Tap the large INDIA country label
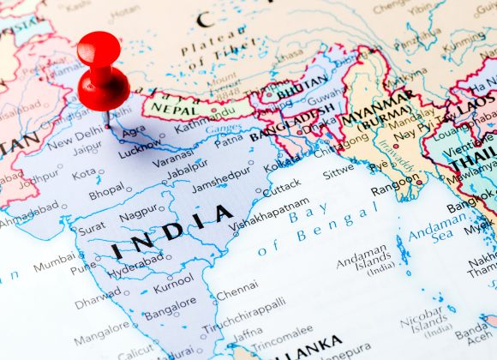click(x=171, y=232)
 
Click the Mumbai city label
click(x=55, y=266)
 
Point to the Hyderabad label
click(x=135, y=261)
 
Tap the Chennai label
click(x=237, y=294)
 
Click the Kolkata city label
click(x=282, y=165)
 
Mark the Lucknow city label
click(x=139, y=150)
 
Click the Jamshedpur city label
click(x=221, y=185)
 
